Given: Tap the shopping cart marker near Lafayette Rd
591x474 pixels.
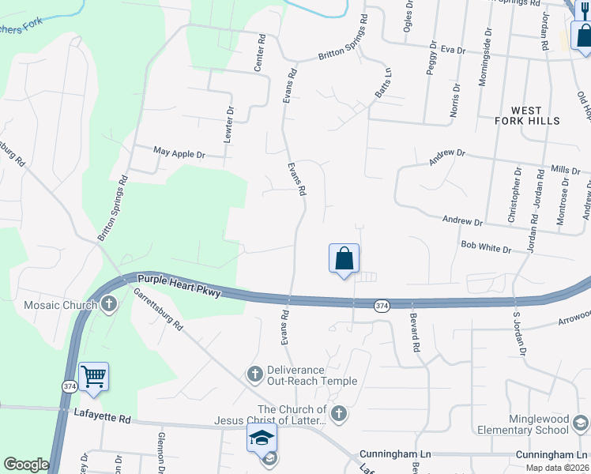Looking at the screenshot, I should click(93, 376).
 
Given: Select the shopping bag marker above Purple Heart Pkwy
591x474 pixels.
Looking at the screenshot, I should click(344, 258).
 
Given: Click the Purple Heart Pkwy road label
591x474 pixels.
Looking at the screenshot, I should click(179, 285).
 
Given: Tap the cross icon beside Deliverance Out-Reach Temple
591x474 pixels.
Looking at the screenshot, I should click(254, 373).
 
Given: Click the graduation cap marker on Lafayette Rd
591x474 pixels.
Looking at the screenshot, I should click(262, 438).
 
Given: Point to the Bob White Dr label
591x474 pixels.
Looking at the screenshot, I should click(486, 248).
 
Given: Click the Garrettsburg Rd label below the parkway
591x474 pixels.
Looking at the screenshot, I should click(159, 308).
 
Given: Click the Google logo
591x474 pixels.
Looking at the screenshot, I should click(26, 465).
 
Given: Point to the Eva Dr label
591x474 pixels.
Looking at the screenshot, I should click(453, 50).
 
